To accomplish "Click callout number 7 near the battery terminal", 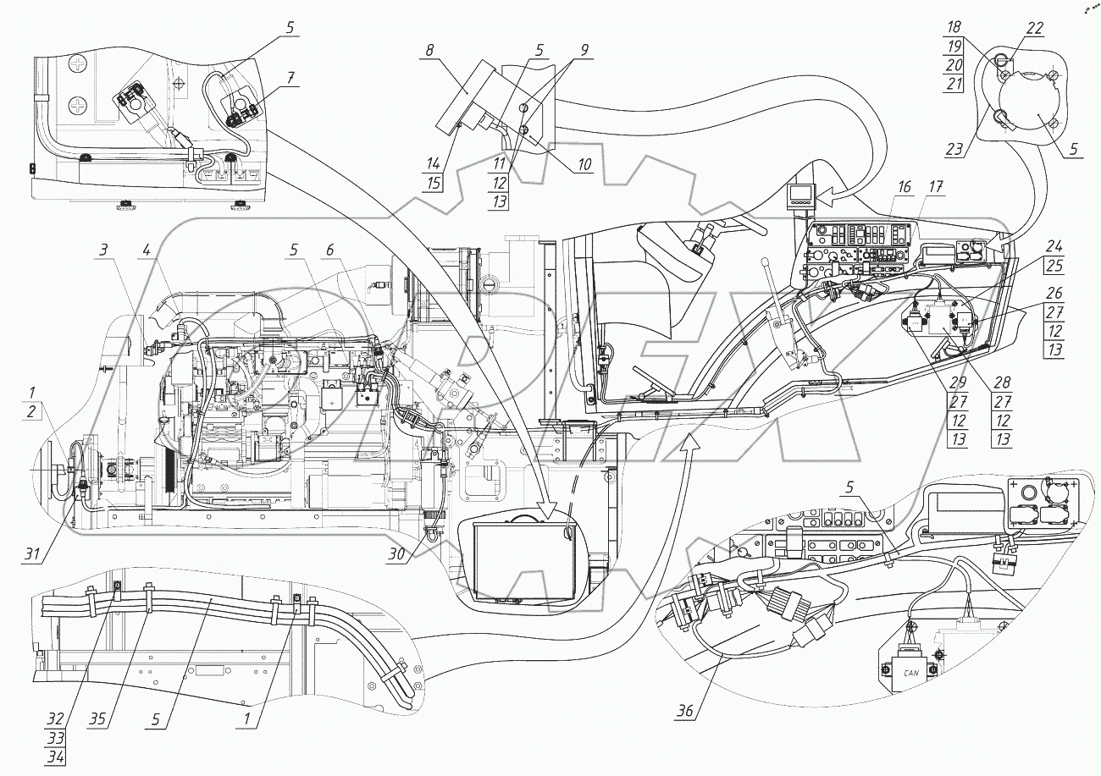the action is click(291, 78).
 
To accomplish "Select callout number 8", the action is click(430, 50).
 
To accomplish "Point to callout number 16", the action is click(905, 187).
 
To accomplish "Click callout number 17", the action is click(936, 187).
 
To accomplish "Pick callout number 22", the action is click(1034, 28).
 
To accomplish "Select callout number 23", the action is click(954, 148).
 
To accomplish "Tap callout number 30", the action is click(396, 554).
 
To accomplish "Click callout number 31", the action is click(32, 554).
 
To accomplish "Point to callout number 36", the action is click(685, 710).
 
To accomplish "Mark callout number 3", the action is click(102, 250).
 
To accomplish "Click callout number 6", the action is click(329, 250).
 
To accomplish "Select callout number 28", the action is click(1002, 382).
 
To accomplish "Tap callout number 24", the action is click(1054, 246).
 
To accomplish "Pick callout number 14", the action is click(433, 163).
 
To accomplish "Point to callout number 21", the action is click(954, 84).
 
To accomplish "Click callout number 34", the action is click(56, 757).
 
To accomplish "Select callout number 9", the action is click(584, 50).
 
